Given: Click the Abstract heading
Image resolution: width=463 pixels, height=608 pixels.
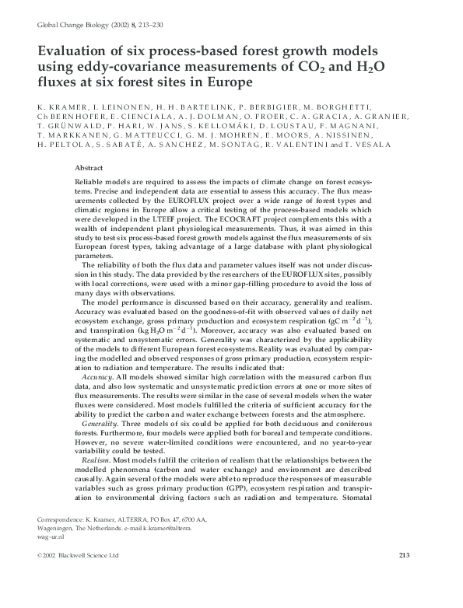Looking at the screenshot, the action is [x=89, y=168].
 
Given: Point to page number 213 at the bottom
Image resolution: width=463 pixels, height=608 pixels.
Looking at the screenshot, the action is [x=403, y=555].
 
